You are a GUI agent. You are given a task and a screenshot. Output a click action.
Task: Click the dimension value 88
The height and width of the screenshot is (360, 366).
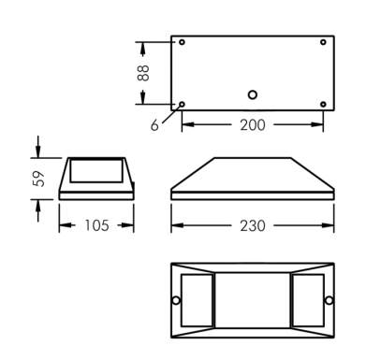(x=143, y=73)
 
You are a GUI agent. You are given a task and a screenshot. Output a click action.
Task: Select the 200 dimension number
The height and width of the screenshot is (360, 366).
(x=253, y=125)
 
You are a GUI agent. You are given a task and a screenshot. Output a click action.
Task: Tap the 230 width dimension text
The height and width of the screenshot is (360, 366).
(x=253, y=225)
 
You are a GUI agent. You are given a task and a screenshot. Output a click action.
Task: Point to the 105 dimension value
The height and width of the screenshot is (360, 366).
(x=97, y=225)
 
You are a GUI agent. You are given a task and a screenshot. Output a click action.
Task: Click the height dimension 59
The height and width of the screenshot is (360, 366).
(x=38, y=179)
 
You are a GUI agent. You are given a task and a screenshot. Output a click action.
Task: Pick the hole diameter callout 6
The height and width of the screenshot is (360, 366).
(x=154, y=125)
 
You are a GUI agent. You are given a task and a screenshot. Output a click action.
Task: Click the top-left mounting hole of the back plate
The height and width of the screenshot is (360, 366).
(x=182, y=42)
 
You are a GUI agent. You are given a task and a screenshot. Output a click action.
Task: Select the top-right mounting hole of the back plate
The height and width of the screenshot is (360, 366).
(x=323, y=42)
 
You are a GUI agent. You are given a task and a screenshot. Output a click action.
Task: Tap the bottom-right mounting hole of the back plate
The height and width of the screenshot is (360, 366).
(x=323, y=104)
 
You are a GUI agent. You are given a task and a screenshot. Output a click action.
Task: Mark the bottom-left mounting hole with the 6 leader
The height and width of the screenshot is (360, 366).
(x=182, y=104)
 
